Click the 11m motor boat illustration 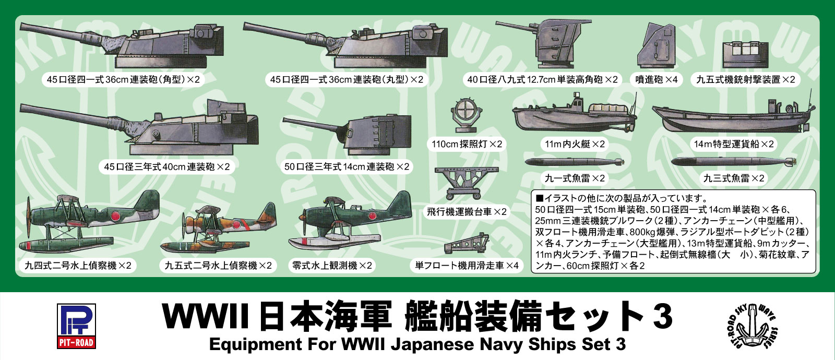575,115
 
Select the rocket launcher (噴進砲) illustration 657,46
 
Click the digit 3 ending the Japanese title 662,317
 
